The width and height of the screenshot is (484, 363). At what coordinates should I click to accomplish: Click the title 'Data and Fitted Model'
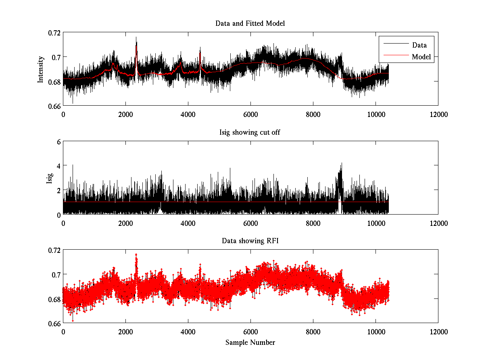[x=250, y=23]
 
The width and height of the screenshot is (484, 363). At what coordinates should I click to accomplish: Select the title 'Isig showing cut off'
[x=250, y=132]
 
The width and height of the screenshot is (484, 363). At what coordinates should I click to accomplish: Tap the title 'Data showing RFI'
[x=250, y=241]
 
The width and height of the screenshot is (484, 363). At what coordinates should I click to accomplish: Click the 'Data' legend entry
[x=419, y=45]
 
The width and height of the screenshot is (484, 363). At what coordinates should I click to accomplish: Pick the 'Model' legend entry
[x=421, y=57]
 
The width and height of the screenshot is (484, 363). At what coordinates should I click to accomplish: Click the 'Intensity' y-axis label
[x=40, y=69]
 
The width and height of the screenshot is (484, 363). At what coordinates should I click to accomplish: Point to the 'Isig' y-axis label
[x=49, y=178]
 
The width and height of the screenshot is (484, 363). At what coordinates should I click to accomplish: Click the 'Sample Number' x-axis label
[x=250, y=342]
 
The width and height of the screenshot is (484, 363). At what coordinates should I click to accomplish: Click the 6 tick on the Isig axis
[x=58, y=142]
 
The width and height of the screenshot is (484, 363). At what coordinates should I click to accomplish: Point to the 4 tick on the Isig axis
[x=58, y=166]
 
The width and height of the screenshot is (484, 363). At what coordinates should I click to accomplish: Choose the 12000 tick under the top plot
[x=438, y=115]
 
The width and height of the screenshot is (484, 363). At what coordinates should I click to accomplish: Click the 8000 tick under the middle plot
[x=313, y=223]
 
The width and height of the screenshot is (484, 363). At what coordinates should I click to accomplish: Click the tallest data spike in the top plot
[x=136, y=38]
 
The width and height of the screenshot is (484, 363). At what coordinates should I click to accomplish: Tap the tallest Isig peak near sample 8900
[x=342, y=163]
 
